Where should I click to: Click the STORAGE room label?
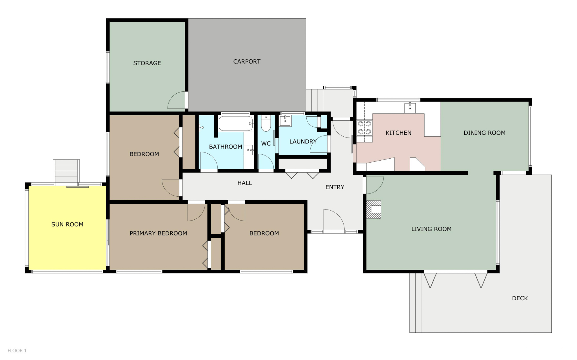click(x=147, y=63)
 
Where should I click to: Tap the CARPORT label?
click(x=247, y=62)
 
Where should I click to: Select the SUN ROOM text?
click(x=67, y=224)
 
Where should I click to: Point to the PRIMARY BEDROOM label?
click(x=158, y=233)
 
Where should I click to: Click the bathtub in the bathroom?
click(x=236, y=123)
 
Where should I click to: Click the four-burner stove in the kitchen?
click(x=364, y=128)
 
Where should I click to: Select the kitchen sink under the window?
click(x=410, y=108)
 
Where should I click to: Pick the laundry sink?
click(x=285, y=121)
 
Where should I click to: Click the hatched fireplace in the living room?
click(x=374, y=210)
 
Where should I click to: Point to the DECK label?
click(x=520, y=298)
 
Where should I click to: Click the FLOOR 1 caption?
click(x=17, y=350)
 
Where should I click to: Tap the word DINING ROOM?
click(x=484, y=133)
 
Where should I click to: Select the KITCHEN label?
click(x=398, y=133)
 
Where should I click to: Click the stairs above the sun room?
click(x=66, y=171)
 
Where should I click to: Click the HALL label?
click(x=245, y=183)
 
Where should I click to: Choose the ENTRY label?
click(x=335, y=187)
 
